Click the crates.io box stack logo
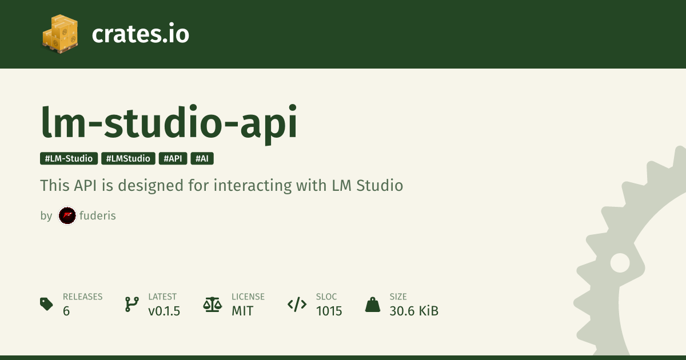tap(60, 34)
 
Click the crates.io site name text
tap(140, 34)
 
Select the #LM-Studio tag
tap(69, 159)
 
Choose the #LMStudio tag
tap(128, 159)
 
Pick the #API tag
tap(173, 159)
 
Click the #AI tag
tap(202, 159)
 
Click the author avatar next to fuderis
tap(67, 216)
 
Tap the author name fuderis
tap(98, 215)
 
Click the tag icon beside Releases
tap(46, 304)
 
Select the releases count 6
tap(66, 311)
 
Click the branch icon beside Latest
tap(132, 304)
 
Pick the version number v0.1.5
tap(164, 311)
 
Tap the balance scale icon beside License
tap(213, 304)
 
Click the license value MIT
tap(242, 311)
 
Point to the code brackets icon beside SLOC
tap(297, 304)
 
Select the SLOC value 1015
tap(329, 311)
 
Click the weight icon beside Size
tap(373, 305)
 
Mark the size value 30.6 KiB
tap(414, 311)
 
